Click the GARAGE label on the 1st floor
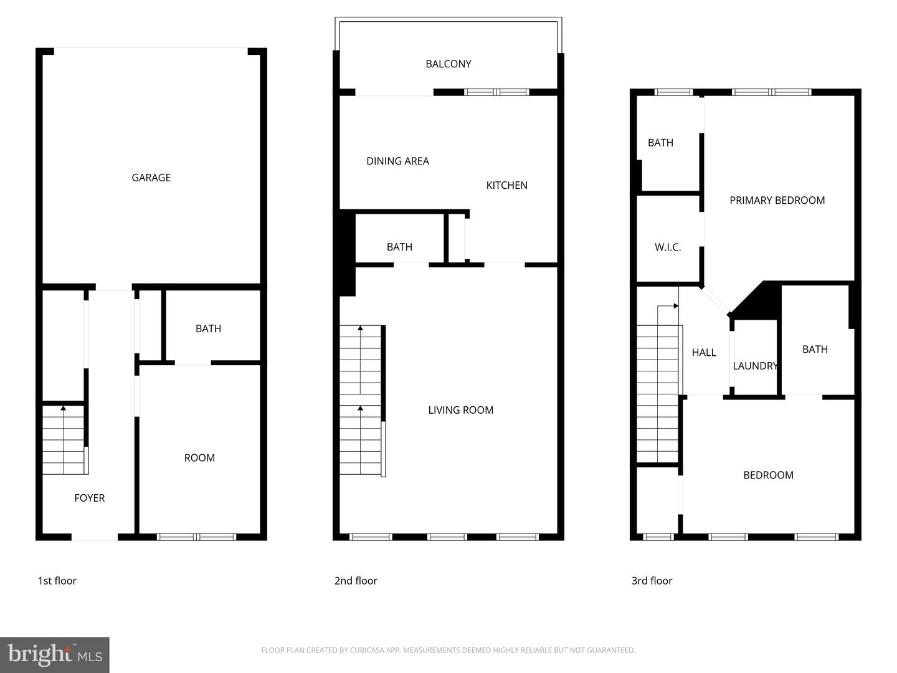(151, 178)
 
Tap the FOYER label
(89, 498)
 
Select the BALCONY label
(448, 64)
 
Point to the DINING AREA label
(397, 161)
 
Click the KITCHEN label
(506, 185)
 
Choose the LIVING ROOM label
(460, 410)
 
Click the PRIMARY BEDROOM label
(777, 200)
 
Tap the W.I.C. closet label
(668, 247)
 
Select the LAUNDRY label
(755, 366)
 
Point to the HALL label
(704, 353)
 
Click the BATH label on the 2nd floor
(399, 247)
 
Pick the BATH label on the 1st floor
(208, 328)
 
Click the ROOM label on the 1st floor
(199, 458)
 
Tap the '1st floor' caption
(57, 581)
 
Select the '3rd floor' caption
(652, 581)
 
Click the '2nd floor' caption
(356, 581)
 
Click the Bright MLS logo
(55, 654)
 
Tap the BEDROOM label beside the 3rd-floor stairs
(768, 475)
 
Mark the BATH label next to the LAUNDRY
(815, 350)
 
